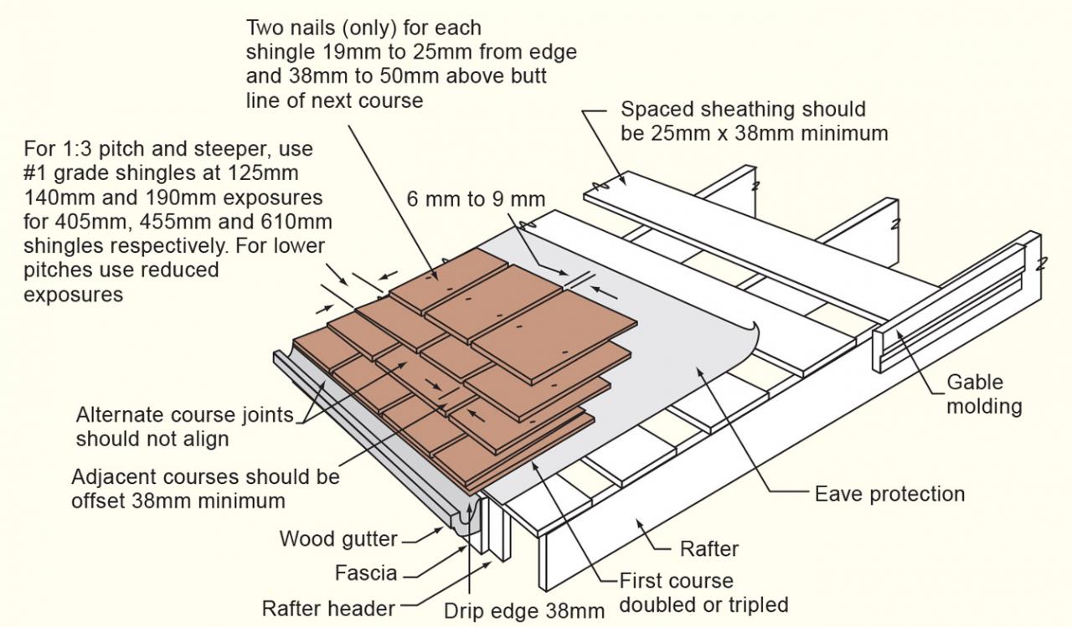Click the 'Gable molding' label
pyautogui.click(x=984, y=394)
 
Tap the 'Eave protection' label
pyautogui.click(x=889, y=494)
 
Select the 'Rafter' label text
pyautogui.click(x=709, y=549)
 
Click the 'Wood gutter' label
pyautogui.click(x=339, y=538)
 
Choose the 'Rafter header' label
pyautogui.click(x=327, y=608)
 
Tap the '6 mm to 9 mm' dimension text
pyautogui.click(x=475, y=199)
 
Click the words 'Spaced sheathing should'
pyautogui.click(x=743, y=110)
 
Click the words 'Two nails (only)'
pyautogui.click(x=317, y=28)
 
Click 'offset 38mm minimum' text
pyautogui.click(x=178, y=501)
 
